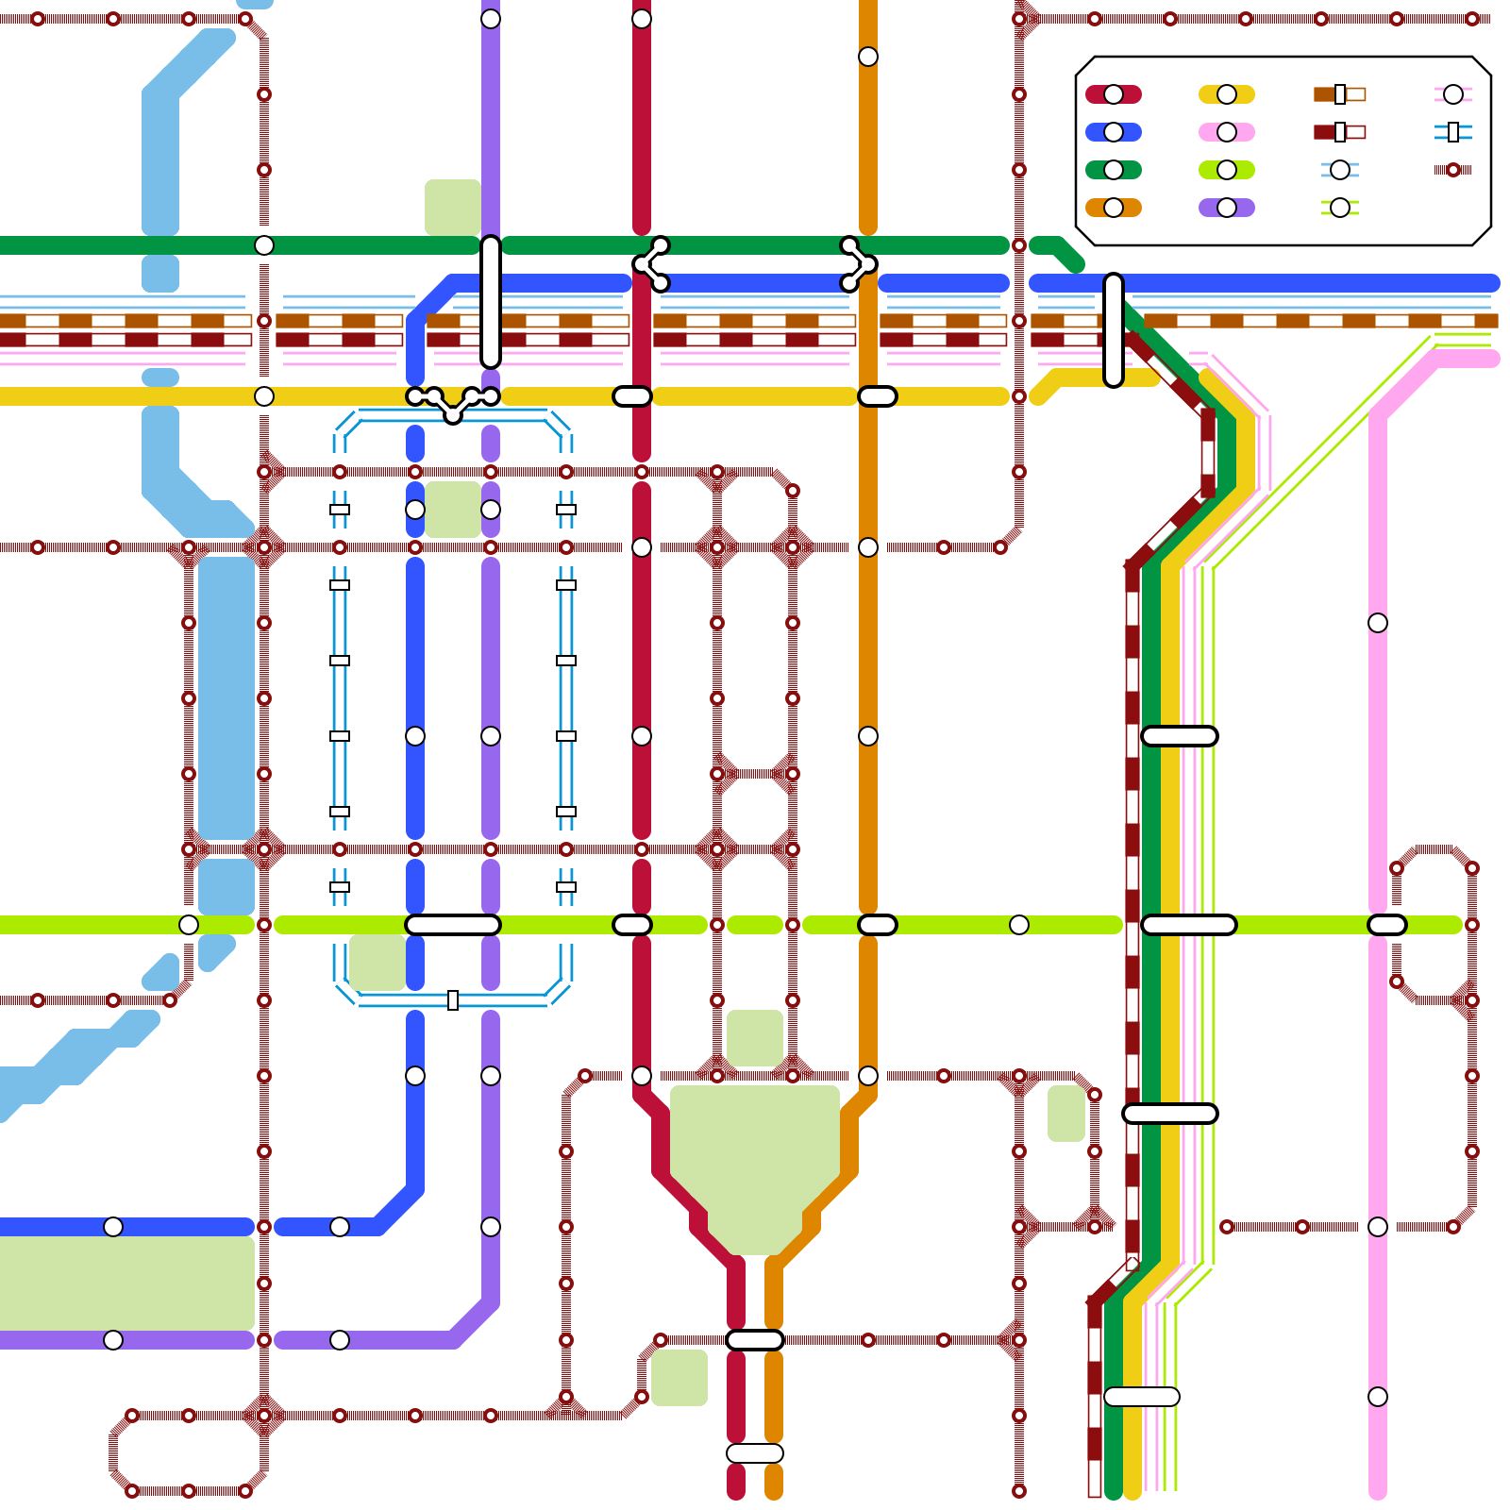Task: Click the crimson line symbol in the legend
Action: click(1114, 94)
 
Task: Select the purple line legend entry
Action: click(1227, 208)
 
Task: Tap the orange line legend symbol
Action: click(1114, 208)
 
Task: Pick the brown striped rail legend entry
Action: click(1340, 94)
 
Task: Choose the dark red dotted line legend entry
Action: click(1453, 170)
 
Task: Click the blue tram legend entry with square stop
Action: click(1453, 132)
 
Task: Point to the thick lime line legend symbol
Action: click(1227, 170)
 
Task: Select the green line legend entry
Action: click(1114, 170)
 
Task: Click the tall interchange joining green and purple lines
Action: click(491, 302)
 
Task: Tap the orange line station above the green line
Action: click(868, 57)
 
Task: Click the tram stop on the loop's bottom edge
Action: click(453, 1000)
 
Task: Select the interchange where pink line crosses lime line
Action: click(1387, 925)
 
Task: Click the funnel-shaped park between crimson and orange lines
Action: click(755, 1161)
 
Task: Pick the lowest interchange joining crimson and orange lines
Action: click(755, 1453)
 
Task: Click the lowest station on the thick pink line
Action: click(1378, 1397)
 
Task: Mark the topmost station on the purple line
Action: click(491, 19)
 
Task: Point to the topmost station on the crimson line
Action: click(642, 19)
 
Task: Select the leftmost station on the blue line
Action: click(113, 1227)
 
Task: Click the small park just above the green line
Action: click(453, 206)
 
